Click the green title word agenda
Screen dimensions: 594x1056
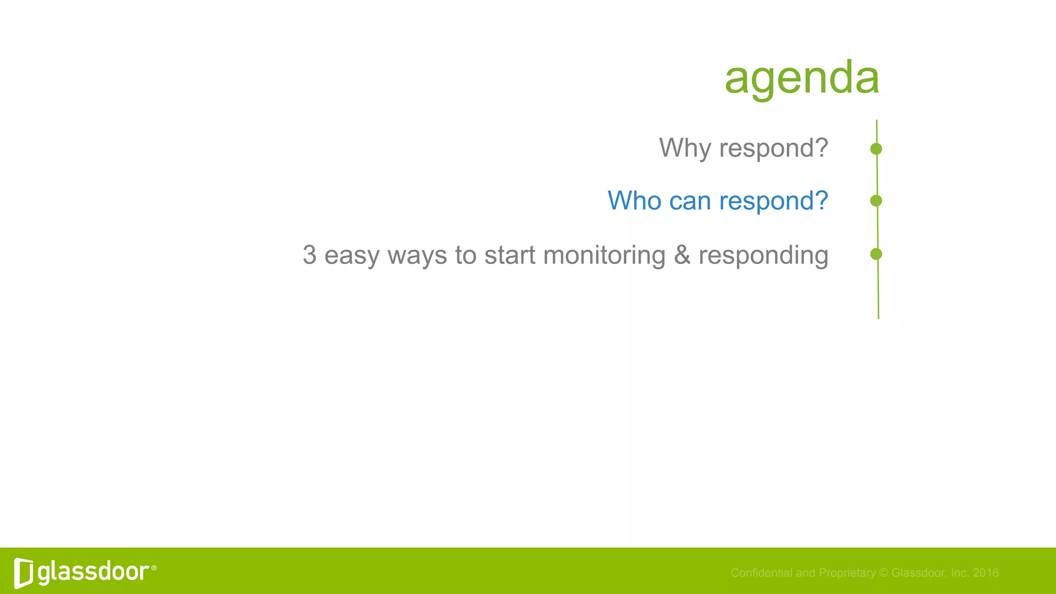pos(801,78)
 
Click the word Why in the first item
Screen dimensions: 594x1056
pos(685,148)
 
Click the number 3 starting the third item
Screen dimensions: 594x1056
pos(309,255)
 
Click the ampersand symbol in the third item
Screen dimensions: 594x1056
pos(682,255)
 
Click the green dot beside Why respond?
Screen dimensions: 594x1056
pos(876,149)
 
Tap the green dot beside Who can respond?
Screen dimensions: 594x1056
pos(876,201)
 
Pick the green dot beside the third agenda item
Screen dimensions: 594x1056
pos(876,254)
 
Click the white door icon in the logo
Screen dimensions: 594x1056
pos(24,573)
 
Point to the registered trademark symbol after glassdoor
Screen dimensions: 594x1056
pos(154,568)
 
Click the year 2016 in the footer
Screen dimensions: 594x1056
pos(985,573)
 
